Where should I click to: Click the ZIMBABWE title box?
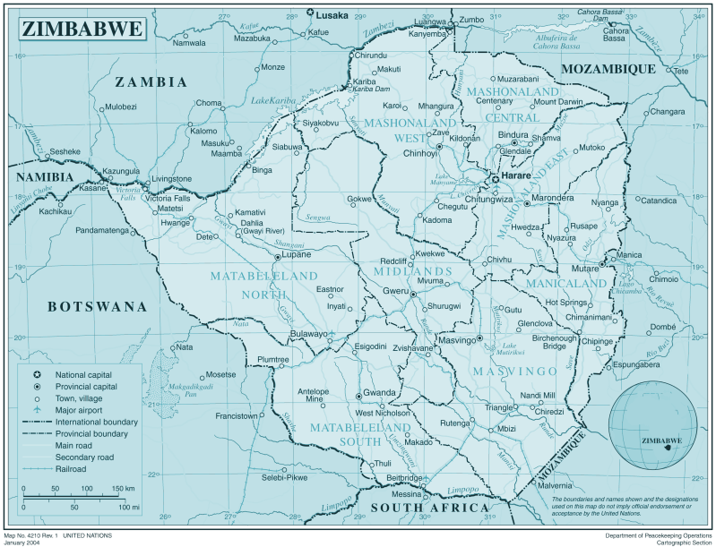pos(82,29)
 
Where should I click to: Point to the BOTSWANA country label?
pos(97,306)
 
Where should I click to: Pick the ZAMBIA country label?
pos(151,82)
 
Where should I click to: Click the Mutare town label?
pos(585,269)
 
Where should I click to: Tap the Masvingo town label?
pos(456,340)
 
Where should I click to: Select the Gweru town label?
pos(395,291)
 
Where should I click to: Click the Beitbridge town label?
pos(403,479)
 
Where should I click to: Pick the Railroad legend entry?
pos(70,468)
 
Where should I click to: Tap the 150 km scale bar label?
pos(124,488)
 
